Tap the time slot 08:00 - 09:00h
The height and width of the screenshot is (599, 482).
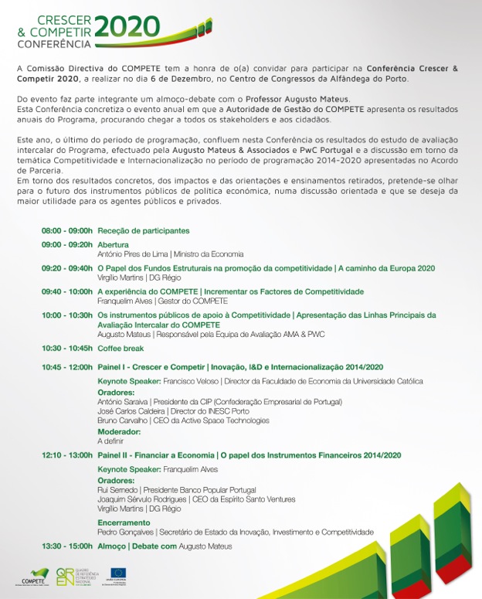pos(67,230)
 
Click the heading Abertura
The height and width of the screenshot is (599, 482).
pos(114,245)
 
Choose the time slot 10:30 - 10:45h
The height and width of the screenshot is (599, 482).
pos(67,348)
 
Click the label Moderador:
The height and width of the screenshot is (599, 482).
pos(119,431)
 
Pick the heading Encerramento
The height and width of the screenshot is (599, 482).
pos(124,523)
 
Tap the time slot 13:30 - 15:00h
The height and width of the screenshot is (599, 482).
pos(67,546)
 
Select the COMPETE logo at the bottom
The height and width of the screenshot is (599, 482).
pos(32,577)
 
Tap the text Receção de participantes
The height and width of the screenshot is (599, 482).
pos(144,230)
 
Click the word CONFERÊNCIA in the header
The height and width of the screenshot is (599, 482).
pos(48,45)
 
